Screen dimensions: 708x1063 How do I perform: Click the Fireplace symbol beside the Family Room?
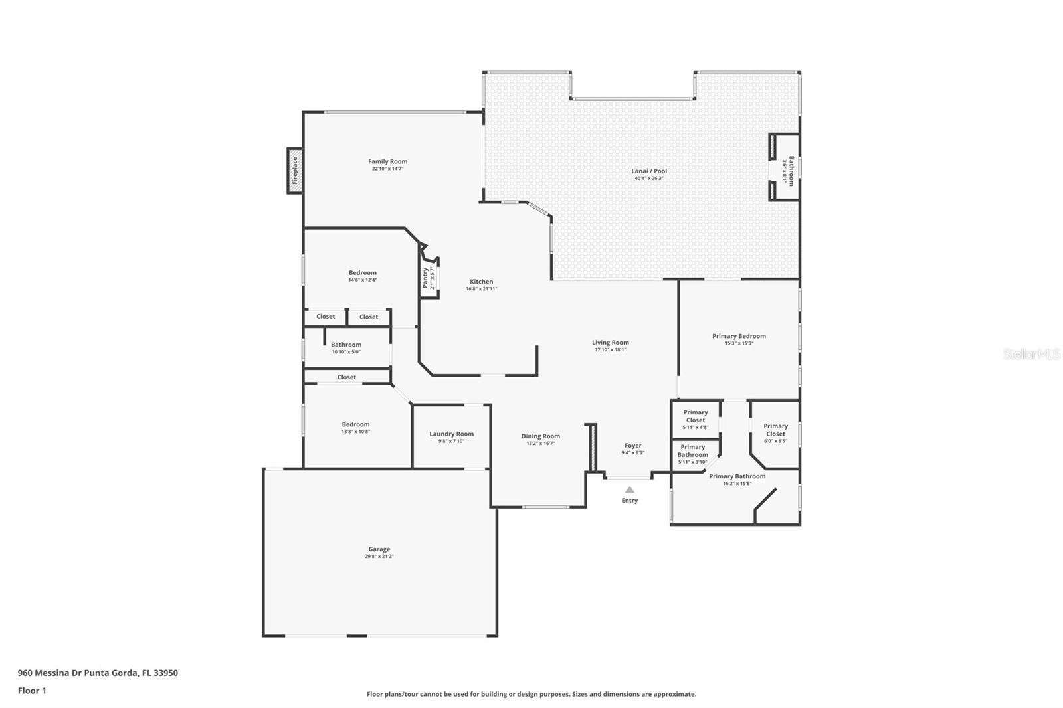[x=294, y=171]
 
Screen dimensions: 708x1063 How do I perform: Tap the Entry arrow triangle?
[x=629, y=490]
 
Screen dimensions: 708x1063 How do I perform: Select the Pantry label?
[x=425, y=277]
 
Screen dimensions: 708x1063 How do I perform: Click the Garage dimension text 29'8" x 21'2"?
[x=379, y=557]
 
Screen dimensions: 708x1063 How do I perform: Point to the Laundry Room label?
[x=451, y=434]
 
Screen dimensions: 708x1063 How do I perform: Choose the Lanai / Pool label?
[x=648, y=171]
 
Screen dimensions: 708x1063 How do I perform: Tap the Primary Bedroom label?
[x=739, y=336]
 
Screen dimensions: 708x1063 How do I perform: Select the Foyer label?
[x=632, y=446]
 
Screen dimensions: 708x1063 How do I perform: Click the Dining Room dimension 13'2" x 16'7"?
[x=540, y=444]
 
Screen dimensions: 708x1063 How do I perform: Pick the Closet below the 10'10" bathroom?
[x=346, y=377]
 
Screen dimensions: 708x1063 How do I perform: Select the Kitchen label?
[x=482, y=282]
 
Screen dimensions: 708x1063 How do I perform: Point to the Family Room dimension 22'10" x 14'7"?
[x=387, y=169]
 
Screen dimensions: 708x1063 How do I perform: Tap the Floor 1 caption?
[x=32, y=691]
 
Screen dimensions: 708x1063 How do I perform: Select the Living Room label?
[x=610, y=343]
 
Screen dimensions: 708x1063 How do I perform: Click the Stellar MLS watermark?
[x=1031, y=355]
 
